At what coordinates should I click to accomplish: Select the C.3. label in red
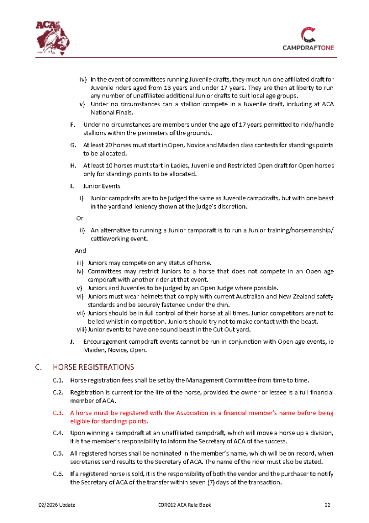coord(58,413)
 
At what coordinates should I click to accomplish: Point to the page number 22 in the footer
coord(328,505)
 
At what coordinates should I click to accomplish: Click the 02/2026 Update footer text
coord(57,505)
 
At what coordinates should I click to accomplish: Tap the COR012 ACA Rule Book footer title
coord(184,505)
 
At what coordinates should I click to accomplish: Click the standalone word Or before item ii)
coord(80,218)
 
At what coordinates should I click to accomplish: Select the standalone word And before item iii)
coord(81,251)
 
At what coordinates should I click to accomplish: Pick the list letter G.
coord(72,146)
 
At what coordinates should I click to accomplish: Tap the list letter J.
coord(72,341)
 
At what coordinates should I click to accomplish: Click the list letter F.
coord(72,125)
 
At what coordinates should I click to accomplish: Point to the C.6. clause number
coord(58,474)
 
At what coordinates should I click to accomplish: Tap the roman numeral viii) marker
coord(82,329)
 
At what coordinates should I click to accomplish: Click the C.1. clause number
coord(58,380)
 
